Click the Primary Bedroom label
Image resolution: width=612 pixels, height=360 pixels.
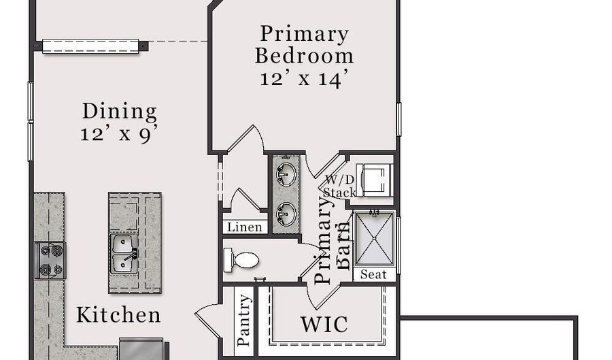coord(304,44)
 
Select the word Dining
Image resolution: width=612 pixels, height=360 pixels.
coord(120,112)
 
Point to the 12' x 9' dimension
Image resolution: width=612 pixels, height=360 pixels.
coord(120,134)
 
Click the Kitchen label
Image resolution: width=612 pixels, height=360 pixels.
coord(118,315)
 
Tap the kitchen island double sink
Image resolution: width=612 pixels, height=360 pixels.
coord(124,253)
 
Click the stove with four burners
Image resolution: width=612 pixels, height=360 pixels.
coord(50,261)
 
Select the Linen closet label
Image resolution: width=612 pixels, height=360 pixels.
coord(245,227)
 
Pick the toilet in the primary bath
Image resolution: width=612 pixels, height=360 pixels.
coord(241,261)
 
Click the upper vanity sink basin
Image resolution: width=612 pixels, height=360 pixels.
coord(286,174)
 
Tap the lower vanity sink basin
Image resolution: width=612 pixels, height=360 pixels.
coord(286,214)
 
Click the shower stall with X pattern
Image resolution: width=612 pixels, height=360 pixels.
coord(374,239)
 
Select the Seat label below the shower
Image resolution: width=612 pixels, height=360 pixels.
coord(373,274)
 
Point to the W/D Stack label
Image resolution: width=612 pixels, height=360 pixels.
coord(339,186)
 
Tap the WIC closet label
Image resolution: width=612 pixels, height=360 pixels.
coord(324,325)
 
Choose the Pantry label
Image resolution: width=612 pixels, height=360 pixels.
coord(243,320)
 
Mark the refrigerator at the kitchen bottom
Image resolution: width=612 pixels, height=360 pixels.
coord(141,348)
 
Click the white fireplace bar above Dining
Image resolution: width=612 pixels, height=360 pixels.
coord(90,46)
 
